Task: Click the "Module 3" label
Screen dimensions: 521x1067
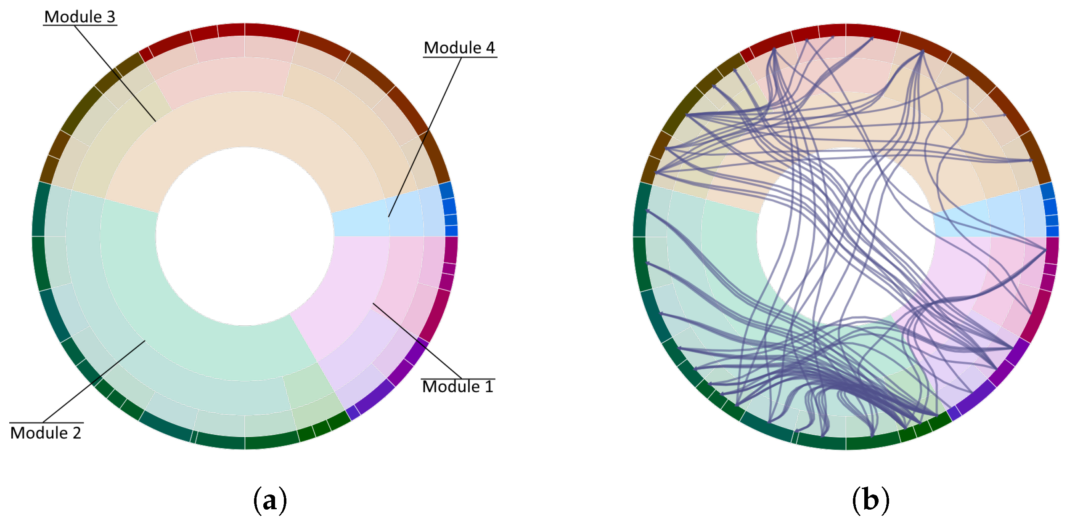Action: point(79,17)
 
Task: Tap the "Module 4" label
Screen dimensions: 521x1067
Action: point(459,48)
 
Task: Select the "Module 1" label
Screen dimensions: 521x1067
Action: point(458,386)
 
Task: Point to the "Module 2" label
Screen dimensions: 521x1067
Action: point(46,433)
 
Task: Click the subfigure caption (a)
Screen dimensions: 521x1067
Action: point(270,500)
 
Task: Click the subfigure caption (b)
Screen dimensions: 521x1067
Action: point(870,500)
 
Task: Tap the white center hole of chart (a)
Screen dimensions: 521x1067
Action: point(245,236)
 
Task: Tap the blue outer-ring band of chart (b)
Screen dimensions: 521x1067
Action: point(1050,208)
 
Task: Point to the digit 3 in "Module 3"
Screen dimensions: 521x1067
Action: point(111,17)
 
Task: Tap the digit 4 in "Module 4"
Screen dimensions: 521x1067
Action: point(490,48)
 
